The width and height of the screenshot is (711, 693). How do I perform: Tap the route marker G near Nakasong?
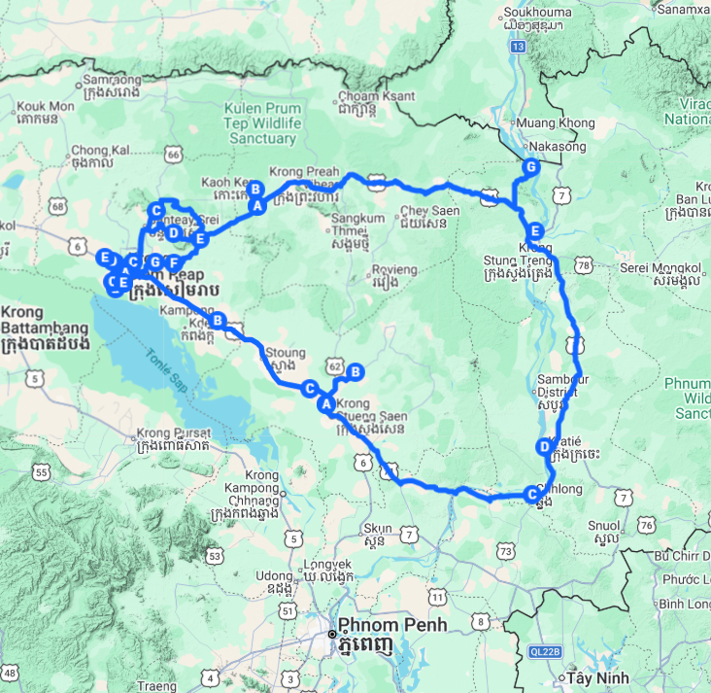coord(530,167)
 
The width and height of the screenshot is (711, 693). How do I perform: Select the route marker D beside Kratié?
coord(543,447)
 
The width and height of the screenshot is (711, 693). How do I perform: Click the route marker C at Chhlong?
coord(531,494)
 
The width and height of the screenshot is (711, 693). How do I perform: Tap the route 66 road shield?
coord(174,153)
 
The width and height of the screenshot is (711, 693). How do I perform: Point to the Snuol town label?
coord(606,530)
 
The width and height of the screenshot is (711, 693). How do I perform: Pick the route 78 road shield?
coord(584,265)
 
